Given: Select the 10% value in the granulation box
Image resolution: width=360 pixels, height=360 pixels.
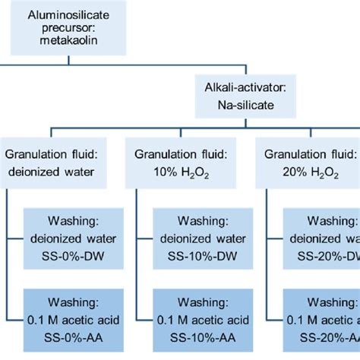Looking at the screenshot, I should tap(163, 173).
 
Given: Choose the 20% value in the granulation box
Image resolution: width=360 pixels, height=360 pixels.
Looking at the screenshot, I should tap(287, 173).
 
